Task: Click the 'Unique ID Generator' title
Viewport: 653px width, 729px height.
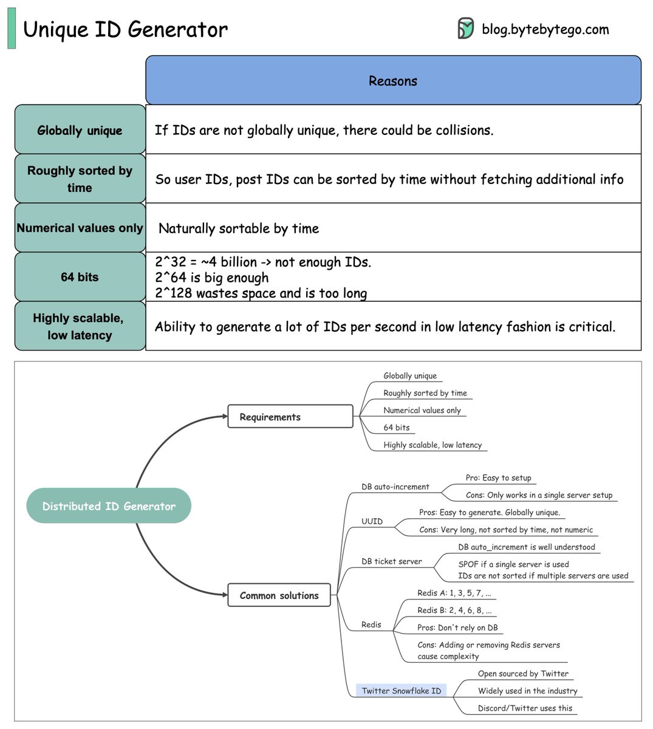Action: coord(125,29)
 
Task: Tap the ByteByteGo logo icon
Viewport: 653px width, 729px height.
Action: coord(465,29)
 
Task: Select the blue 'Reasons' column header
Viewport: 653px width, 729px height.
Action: coord(393,81)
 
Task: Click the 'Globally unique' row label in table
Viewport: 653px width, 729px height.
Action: coord(80,130)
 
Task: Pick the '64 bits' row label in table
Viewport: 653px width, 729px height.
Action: coord(80,277)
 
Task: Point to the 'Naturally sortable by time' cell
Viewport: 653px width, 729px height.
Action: coord(239,228)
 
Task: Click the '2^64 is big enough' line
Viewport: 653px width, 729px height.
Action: coord(211,278)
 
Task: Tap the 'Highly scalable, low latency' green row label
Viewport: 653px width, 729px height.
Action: coord(80,326)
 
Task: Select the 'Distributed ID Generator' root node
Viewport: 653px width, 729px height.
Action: coord(109,506)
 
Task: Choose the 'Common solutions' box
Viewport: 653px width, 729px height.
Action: coord(279,595)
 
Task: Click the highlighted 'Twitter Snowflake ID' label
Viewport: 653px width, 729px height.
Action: coord(401,691)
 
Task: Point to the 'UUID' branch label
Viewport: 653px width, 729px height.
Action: coord(372,521)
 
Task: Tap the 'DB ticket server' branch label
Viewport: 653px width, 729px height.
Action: coord(391,561)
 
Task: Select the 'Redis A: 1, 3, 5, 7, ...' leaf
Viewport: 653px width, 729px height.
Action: coord(454,593)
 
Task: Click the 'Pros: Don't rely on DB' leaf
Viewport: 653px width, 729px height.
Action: coord(457,628)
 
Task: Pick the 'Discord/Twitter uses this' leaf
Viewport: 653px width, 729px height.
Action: coord(525,708)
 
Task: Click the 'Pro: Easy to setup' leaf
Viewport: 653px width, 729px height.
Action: coord(498,477)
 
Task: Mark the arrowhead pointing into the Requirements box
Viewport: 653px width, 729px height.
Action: coord(224,417)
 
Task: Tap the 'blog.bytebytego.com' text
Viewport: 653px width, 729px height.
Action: coord(545,29)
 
